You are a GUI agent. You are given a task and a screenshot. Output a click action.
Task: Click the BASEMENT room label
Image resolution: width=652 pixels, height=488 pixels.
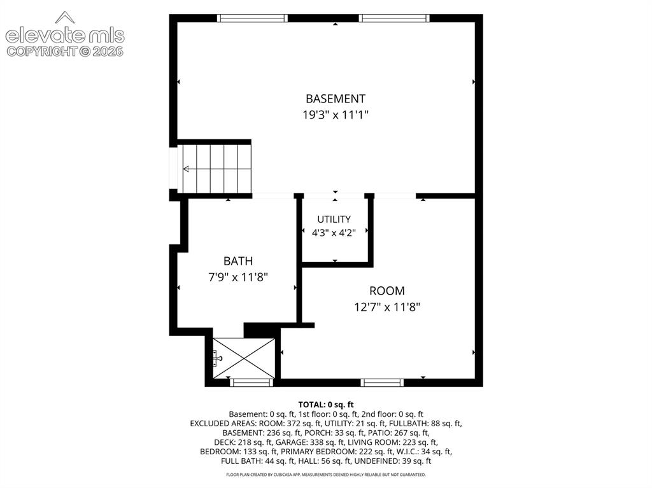tap(336, 99)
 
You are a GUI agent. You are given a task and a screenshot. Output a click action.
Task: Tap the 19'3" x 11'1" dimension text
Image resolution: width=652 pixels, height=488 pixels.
tap(336, 115)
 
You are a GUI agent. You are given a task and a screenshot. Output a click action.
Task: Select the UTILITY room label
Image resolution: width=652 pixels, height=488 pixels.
tap(334, 219)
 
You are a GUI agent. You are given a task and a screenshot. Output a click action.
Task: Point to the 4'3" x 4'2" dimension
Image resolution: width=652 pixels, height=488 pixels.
tap(334, 233)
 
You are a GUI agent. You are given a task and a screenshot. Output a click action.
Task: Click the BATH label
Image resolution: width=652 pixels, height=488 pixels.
tap(238, 261)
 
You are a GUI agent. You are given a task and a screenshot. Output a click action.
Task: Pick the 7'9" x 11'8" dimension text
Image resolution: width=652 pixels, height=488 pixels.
tap(238, 277)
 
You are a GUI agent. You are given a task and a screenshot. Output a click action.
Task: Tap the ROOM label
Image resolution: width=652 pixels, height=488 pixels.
tap(387, 291)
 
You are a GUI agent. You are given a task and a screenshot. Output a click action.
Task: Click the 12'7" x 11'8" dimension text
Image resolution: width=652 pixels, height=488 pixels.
tap(387, 307)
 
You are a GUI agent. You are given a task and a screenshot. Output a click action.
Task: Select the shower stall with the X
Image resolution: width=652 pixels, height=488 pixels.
tap(244, 358)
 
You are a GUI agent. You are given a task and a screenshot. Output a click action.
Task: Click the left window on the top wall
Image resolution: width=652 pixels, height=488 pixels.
tap(252, 18)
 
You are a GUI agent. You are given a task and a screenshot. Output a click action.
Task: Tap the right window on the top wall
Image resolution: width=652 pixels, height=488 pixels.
tap(393, 18)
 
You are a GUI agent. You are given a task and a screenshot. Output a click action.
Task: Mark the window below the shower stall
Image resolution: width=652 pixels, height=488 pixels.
tap(252, 382)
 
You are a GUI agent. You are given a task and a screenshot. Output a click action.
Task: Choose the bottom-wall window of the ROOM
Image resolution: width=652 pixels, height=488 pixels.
tap(382, 382)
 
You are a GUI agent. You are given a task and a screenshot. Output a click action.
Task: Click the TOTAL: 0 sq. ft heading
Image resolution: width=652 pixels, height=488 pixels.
tap(326, 405)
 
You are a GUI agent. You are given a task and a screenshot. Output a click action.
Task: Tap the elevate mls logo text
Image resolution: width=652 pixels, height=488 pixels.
tap(65, 36)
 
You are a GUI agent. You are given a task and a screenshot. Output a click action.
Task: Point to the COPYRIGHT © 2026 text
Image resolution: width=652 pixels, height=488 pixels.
tap(65, 52)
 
